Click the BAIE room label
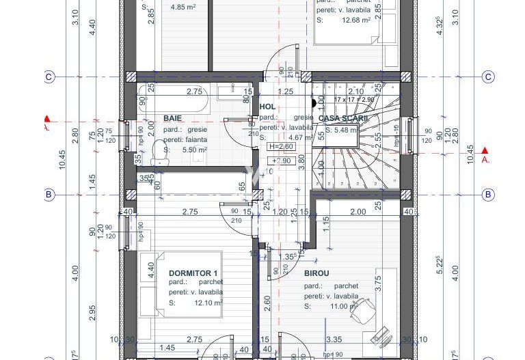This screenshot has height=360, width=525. [172, 118]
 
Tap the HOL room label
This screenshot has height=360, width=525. [268, 107]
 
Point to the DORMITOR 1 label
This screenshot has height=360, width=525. [193, 273]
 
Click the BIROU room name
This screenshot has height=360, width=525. [317, 273]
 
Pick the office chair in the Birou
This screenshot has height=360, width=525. [360, 311]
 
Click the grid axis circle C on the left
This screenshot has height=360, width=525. [49, 77]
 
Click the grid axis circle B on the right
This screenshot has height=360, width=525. [488, 195]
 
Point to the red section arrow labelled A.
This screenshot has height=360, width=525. [485, 152]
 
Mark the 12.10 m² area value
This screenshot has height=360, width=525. [208, 303]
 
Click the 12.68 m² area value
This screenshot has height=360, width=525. [356, 20]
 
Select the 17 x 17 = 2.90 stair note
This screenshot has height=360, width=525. [355, 100]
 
